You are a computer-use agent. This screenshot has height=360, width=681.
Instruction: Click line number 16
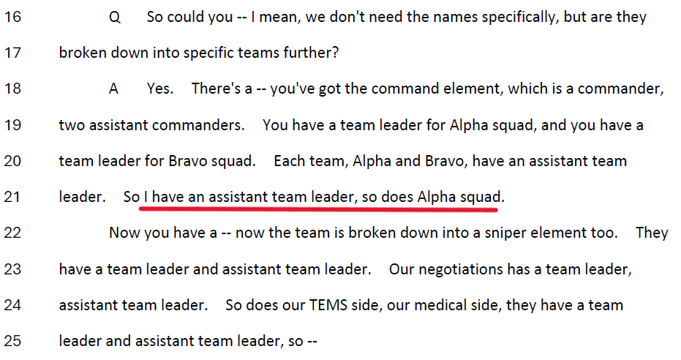point(12,17)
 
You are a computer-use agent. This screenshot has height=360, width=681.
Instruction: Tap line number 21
point(12,197)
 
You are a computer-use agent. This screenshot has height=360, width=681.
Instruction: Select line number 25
point(12,341)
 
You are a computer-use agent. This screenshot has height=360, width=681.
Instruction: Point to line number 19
point(12,125)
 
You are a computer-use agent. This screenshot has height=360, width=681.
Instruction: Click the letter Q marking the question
point(115,18)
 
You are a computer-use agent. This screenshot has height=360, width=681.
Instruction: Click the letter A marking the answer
point(113,89)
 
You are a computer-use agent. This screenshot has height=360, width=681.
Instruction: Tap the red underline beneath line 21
point(318,209)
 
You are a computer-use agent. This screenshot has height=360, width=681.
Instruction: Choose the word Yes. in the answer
point(160,89)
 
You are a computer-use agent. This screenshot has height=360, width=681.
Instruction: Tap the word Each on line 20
point(289,161)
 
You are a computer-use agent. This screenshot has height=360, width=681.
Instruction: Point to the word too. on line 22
point(604,233)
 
